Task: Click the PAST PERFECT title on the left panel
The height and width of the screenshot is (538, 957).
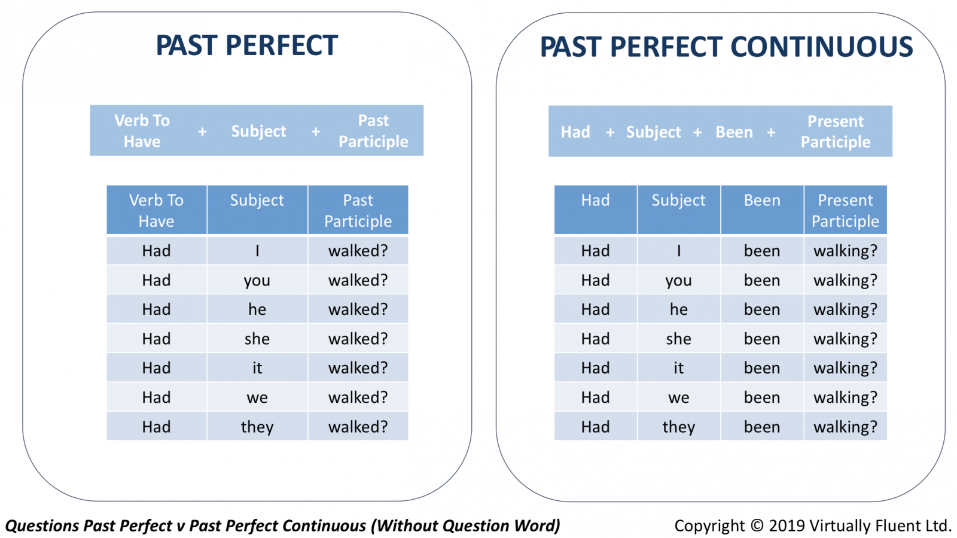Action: click(247, 45)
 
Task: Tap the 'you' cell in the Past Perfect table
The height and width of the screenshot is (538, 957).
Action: click(257, 280)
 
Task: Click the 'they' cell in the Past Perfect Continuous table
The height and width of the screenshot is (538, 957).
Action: click(678, 427)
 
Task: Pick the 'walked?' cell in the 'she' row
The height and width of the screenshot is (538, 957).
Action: click(358, 339)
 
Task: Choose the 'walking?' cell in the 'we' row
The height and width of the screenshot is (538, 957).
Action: click(845, 397)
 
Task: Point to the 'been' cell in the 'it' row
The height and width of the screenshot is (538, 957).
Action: click(762, 368)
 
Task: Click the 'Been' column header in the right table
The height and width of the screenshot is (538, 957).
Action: click(762, 210)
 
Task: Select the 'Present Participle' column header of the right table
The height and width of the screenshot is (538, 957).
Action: click(845, 210)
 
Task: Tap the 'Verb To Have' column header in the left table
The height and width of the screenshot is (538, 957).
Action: click(156, 210)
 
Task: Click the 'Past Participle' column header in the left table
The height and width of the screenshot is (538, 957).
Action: click(358, 210)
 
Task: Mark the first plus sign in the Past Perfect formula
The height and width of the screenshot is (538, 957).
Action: click(203, 132)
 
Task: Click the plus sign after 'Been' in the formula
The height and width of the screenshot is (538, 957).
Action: click(771, 132)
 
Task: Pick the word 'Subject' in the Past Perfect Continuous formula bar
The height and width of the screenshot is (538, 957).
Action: click(653, 132)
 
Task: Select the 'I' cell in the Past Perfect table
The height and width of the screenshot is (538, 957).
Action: click(257, 250)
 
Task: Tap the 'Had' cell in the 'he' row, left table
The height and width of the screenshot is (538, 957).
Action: click(156, 309)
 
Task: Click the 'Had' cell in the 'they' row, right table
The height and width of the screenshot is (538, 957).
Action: click(596, 427)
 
